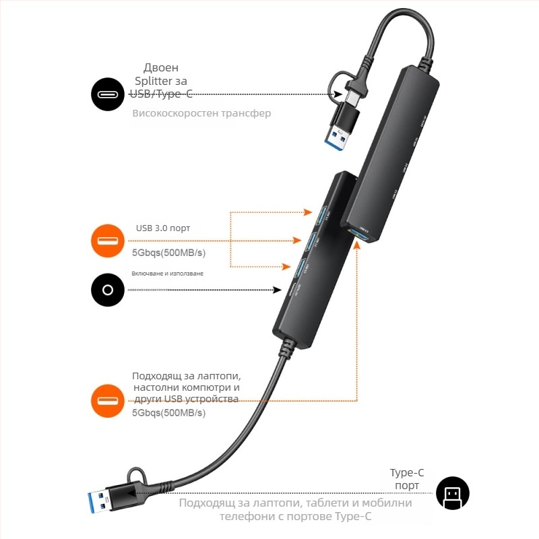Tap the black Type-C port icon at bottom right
click(452, 493)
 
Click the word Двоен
click(161, 68)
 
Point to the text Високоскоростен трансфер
click(201, 113)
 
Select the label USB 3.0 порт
click(163, 228)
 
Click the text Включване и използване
click(167, 274)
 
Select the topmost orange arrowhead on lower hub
click(307, 212)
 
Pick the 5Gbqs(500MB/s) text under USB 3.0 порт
click(168, 253)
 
